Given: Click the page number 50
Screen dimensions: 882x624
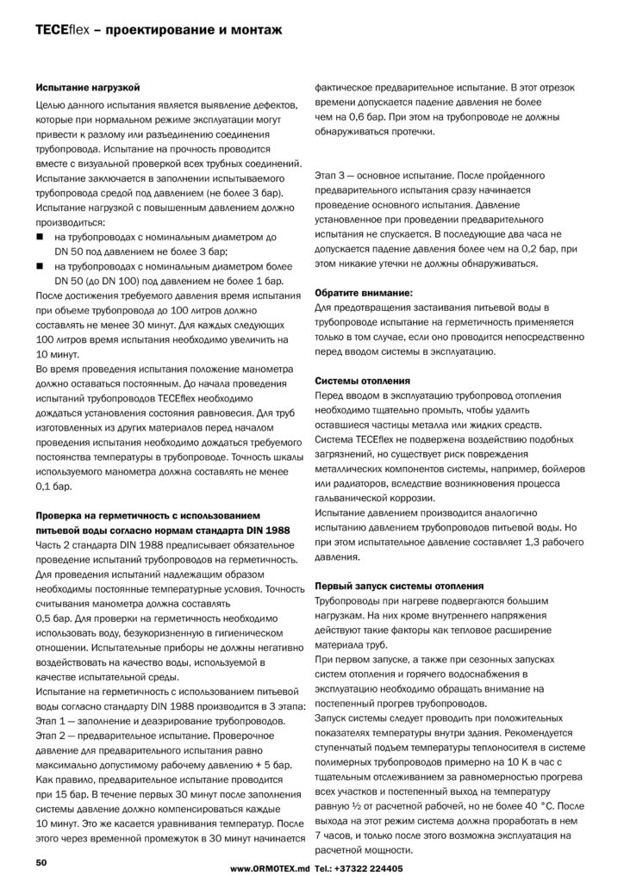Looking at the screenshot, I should click(x=41, y=861).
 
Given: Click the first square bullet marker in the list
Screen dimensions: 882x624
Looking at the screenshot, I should click(x=40, y=235).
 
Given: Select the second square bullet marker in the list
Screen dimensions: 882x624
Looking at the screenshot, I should click(x=40, y=266).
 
